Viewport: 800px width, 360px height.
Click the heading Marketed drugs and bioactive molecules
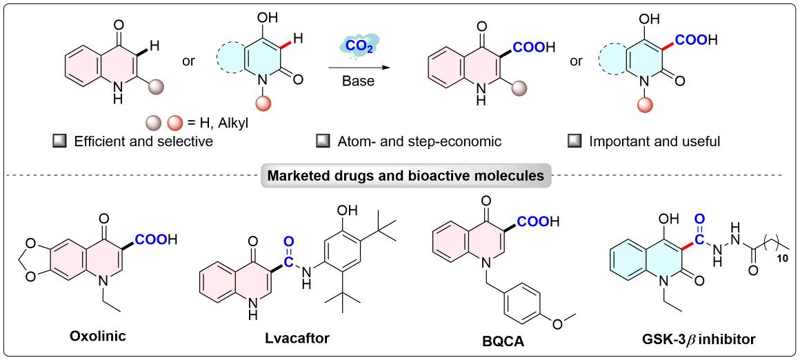[400, 175]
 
